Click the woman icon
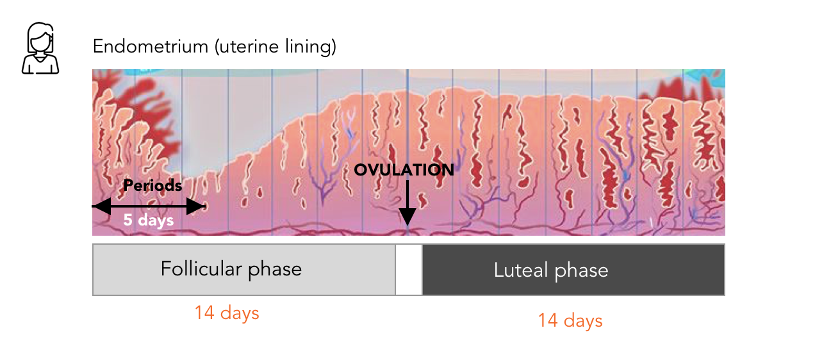40,49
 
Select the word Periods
152,186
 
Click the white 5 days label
149,220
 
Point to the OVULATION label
404,170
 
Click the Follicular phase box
243,269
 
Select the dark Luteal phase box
573,269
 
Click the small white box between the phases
408,269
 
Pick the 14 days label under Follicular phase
227,313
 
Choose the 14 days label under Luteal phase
570,320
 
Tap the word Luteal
520,270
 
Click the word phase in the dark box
581,270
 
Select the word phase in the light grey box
275,269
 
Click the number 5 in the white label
128,220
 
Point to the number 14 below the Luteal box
548,320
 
